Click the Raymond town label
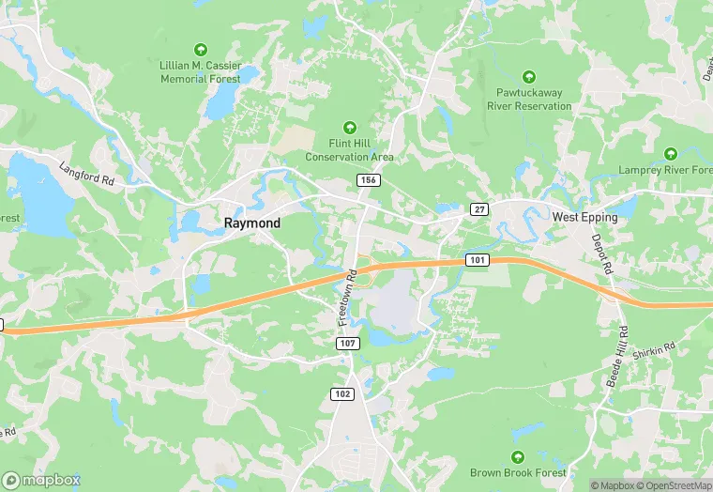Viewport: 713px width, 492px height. click(251, 223)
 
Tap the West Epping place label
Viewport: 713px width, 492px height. click(584, 217)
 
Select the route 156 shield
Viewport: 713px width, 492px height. click(367, 178)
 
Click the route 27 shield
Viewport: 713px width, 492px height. click(479, 209)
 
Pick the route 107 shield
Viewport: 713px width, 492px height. click(348, 345)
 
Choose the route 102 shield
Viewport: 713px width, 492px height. click(342, 393)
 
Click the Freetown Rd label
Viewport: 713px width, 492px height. click(347, 299)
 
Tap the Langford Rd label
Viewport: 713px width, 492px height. click(85, 173)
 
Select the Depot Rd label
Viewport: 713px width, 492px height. click(601, 254)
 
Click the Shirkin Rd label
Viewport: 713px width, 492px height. click(654, 349)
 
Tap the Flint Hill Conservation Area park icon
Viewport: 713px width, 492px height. click(350, 127)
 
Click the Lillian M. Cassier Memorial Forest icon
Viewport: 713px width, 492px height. click(199, 49)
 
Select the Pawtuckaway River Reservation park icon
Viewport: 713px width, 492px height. click(529, 76)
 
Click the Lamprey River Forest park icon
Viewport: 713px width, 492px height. click(670, 153)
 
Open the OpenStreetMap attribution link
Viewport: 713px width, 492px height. click(671, 485)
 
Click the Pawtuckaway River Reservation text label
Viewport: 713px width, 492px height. click(529, 100)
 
